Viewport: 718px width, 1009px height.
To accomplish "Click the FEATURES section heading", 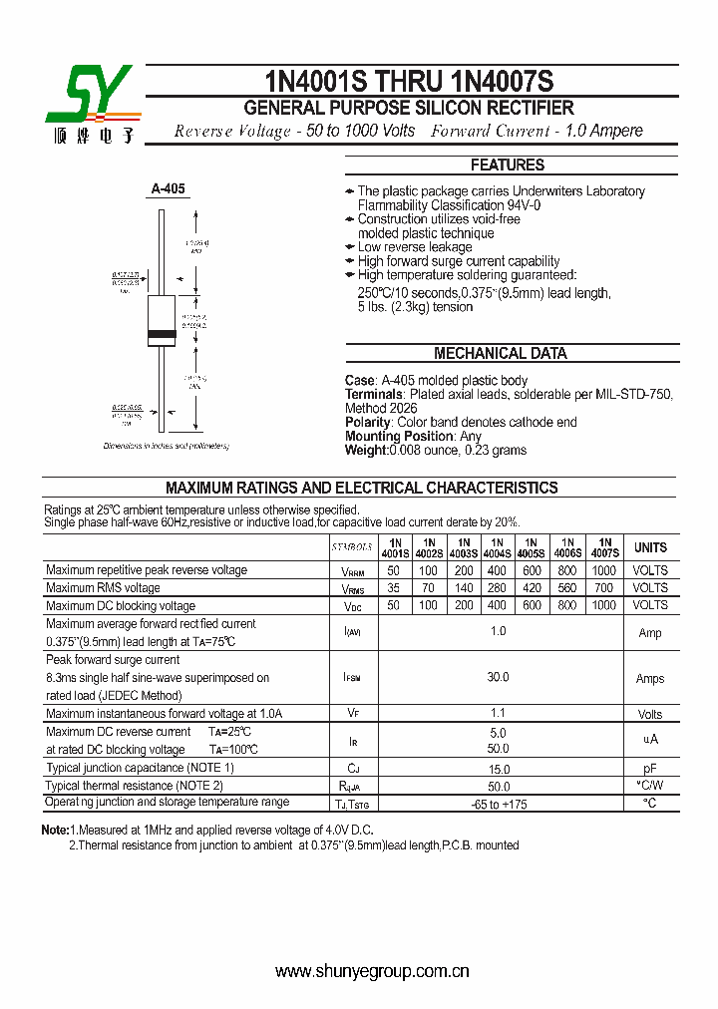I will pyautogui.click(x=507, y=166).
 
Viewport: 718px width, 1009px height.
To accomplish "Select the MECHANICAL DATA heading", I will pyautogui.click(x=500, y=353).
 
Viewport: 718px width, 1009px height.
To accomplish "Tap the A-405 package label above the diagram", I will pyautogui.click(x=168, y=188).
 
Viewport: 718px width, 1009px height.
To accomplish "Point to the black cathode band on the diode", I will pyautogui.click(x=162, y=333).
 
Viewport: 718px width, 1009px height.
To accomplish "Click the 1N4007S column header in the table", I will pyautogui.click(x=604, y=546).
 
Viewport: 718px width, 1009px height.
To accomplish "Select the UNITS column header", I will pyautogui.click(x=650, y=547).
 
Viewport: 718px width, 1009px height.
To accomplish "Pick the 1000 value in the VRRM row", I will pyautogui.click(x=604, y=570).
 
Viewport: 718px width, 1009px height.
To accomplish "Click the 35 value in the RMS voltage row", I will pyautogui.click(x=394, y=588).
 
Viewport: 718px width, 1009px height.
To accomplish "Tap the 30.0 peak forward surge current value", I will pyautogui.click(x=498, y=677).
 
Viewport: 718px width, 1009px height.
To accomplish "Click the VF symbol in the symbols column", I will pyautogui.click(x=352, y=714).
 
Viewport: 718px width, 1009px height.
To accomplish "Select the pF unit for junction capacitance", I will pyautogui.click(x=650, y=769).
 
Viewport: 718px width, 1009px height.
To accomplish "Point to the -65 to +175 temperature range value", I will pyautogui.click(x=498, y=804).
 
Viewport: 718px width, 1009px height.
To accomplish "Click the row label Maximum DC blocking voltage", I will pyautogui.click(x=121, y=606).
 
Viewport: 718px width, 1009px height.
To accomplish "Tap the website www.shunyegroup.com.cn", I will pyautogui.click(x=372, y=972).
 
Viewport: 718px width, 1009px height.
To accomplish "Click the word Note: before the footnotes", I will pyautogui.click(x=54, y=830).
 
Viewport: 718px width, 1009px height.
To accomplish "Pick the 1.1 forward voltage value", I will pyautogui.click(x=498, y=713).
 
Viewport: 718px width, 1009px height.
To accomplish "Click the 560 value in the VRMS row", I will pyautogui.click(x=567, y=588).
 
